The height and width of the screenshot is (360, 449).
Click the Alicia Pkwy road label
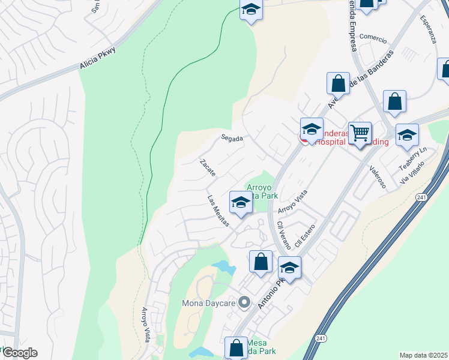pyautogui.click(x=97, y=61)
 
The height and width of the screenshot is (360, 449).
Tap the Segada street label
pyautogui.click(x=232, y=138)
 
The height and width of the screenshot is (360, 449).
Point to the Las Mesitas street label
pyautogui.click(x=218, y=211)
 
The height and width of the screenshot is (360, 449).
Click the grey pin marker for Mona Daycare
pyautogui.click(x=244, y=302)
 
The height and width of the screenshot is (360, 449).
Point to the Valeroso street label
pyautogui.click(x=378, y=177)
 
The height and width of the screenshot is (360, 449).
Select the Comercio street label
pyautogui.click(x=372, y=37)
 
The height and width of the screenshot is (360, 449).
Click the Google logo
pyautogui.click(x=20, y=353)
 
